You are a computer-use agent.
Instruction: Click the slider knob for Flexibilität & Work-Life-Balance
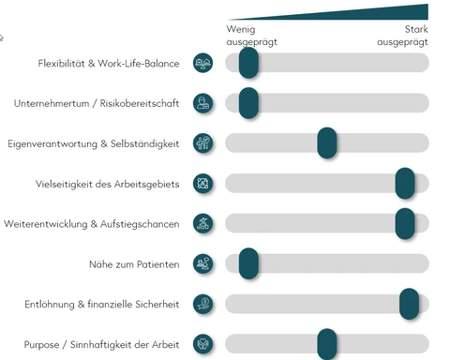point(248,63)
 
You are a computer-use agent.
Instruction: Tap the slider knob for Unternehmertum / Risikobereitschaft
point(248,103)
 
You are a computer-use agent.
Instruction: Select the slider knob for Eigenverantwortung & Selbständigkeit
point(327,142)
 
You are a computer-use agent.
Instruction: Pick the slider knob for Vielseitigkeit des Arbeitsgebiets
point(405,183)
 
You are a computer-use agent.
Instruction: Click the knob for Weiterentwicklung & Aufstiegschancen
point(405,223)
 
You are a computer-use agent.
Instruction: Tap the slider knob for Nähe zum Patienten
point(248,263)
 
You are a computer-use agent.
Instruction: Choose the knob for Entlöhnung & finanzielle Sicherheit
point(409,304)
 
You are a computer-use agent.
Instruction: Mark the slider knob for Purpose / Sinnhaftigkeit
point(326,343)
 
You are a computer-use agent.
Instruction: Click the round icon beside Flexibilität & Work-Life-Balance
point(202,63)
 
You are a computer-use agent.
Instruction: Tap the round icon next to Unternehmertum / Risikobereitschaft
point(202,103)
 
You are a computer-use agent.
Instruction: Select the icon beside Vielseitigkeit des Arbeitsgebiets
point(202,183)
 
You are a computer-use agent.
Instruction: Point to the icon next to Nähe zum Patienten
point(202,263)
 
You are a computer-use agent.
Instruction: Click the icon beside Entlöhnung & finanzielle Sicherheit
point(202,304)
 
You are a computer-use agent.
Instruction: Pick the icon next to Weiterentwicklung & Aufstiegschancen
point(202,223)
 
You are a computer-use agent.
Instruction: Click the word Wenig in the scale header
point(240,30)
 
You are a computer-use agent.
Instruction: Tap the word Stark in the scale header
point(416,30)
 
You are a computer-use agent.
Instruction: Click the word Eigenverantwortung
point(52,143)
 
